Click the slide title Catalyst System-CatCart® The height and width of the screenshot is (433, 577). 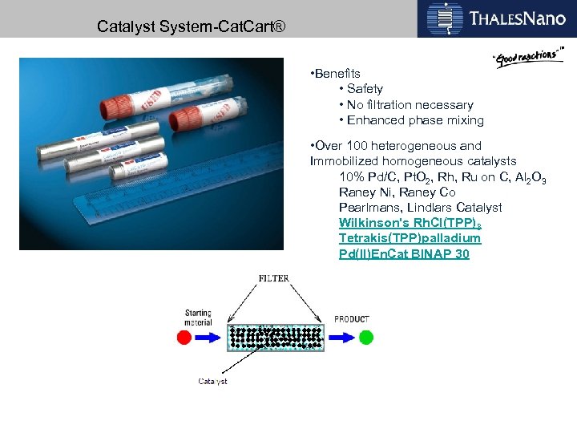pyautogui.click(x=189, y=26)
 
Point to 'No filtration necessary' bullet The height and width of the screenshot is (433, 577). pyautogui.click(x=408, y=105)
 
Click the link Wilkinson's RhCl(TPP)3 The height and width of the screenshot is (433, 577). pyautogui.click(x=410, y=223)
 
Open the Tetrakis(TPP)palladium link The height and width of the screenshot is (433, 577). pyautogui.click(x=410, y=238)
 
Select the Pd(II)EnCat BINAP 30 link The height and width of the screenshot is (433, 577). pyautogui.click(x=404, y=254)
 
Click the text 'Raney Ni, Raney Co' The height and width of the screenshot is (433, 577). pyautogui.click(x=397, y=192)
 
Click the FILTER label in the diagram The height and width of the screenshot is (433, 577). pyautogui.click(x=274, y=279)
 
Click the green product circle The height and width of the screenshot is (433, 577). pyautogui.click(x=366, y=337)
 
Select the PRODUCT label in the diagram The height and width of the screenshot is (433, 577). pyautogui.click(x=352, y=319)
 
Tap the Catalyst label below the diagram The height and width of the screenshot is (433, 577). pyautogui.click(x=212, y=382)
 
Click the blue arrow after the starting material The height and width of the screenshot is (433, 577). pyautogui.click(x=210, y=337)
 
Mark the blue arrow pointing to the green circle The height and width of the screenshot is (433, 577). pyautogui.click(x=341, y=337)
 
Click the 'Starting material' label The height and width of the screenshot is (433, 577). pyautogui.click(x=198, y=318)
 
